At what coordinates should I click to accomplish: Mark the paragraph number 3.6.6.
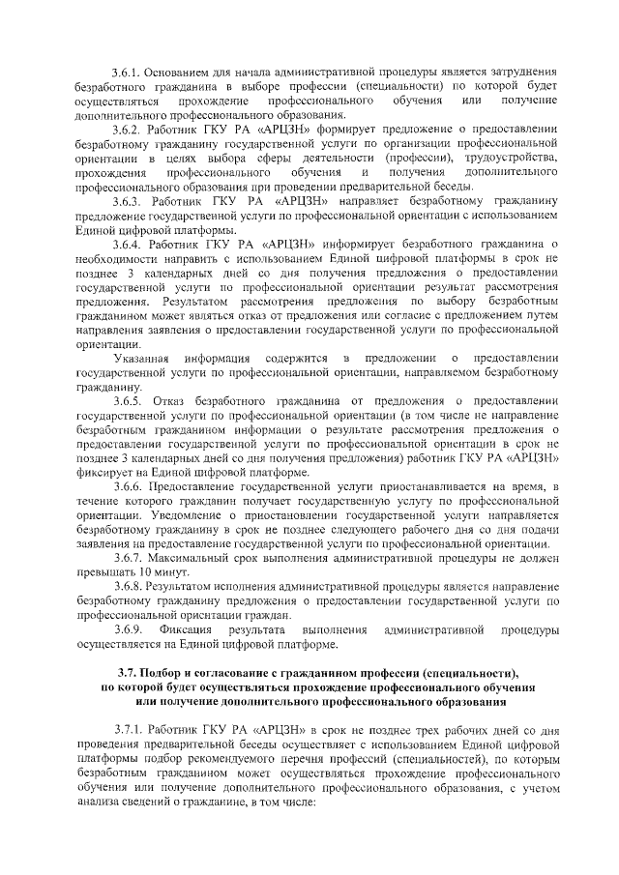tap(127, 485)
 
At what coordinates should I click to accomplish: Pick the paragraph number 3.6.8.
tap(127, 587)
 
